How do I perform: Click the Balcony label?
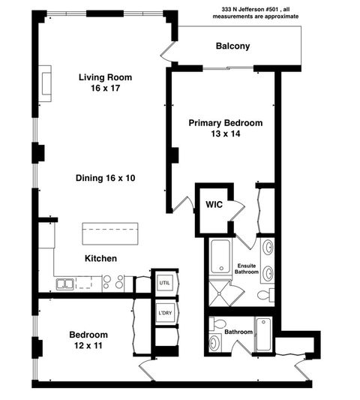(x=232, y=47)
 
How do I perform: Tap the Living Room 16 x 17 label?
(x=104, y=82)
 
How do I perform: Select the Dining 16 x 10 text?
(x=110, y=178)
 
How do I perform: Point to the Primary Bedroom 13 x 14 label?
(x=225, y=128)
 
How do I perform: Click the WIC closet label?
(x=214, y=204)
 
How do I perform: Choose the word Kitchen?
(x=100, y=258)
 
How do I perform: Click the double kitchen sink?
(x=65, y=284)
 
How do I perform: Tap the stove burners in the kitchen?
(x=112, y=282)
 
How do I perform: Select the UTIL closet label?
(x=163, y=281)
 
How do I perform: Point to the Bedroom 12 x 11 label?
(x=88, y=340)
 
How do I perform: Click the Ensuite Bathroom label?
(x=247, y=269)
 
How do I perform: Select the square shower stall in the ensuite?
(x=220, y=291)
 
